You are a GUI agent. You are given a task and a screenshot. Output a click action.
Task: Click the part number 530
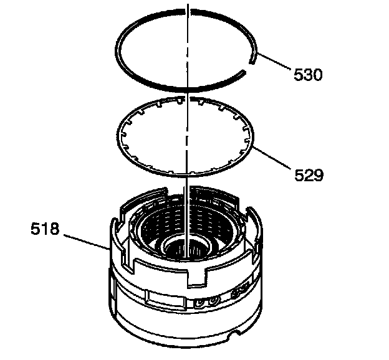tap(308, 75)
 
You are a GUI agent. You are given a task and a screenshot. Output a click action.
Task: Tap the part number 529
tap(309, 175)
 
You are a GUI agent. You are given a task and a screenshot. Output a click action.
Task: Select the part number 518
tap(45, 229)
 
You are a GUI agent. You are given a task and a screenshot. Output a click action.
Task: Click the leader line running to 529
tap(271, 158)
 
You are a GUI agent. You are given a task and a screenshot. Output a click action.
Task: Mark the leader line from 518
tap(86, 241)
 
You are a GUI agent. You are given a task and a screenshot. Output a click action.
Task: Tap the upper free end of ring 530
tap(252, 62)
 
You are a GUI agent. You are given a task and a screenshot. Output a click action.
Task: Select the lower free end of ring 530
tap(244, 72)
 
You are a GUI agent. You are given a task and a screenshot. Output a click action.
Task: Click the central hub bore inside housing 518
tap(186, 249)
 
